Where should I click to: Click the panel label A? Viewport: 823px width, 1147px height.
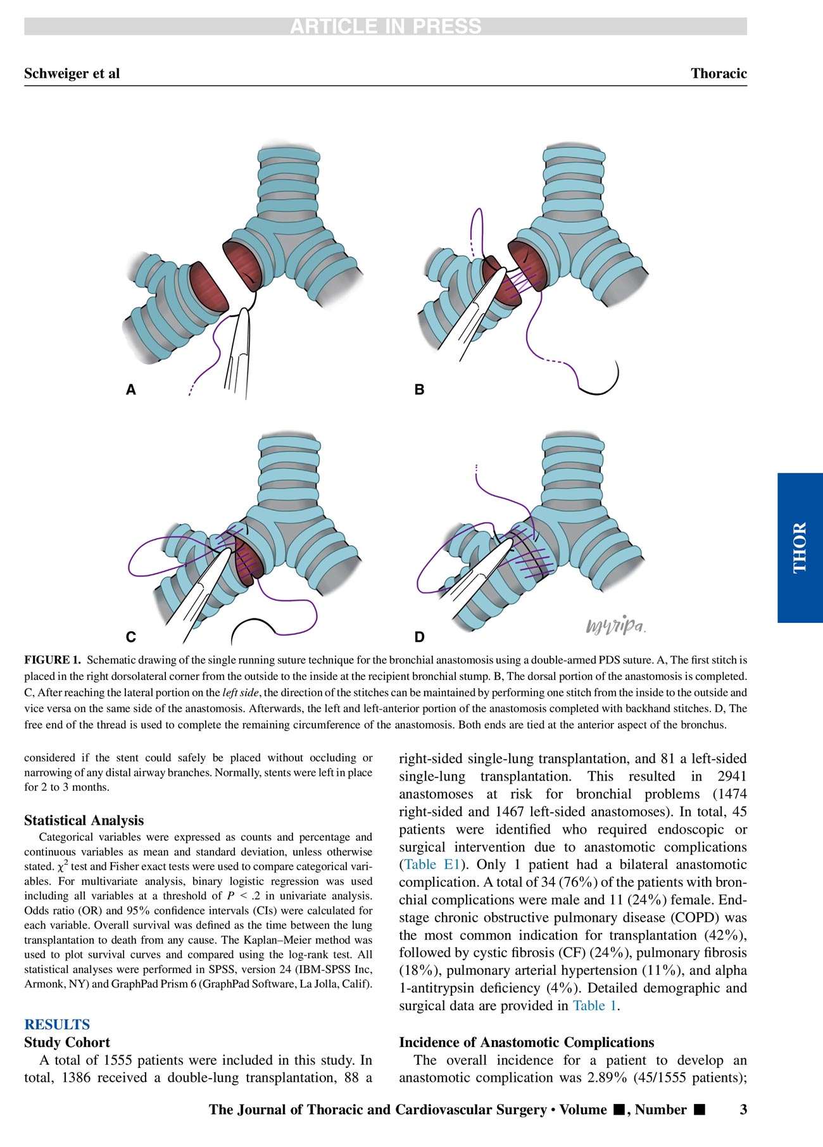pos(131,390)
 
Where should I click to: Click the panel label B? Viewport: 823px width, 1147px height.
pos(419,390)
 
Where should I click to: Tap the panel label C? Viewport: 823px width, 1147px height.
pos(131,637)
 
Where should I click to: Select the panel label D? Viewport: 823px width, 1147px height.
pos(419,637)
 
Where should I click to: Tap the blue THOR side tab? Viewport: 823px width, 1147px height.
pos(800,548)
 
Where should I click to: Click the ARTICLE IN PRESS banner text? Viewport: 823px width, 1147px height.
pos(386,27)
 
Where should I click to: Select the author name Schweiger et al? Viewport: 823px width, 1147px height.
pos(72,73)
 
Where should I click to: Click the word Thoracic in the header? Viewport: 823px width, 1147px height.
pos(719,73)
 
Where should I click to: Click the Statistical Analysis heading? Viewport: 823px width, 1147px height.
pos(84,820)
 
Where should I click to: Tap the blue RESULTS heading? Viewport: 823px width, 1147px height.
pos(57,1025)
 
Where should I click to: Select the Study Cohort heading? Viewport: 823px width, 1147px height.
pos(67,1043)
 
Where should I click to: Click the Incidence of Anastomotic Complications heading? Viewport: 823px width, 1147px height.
pos(527,1043)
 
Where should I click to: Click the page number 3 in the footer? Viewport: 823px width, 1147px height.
pos(743,1110)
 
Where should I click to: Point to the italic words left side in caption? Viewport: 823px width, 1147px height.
pos(241,693)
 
